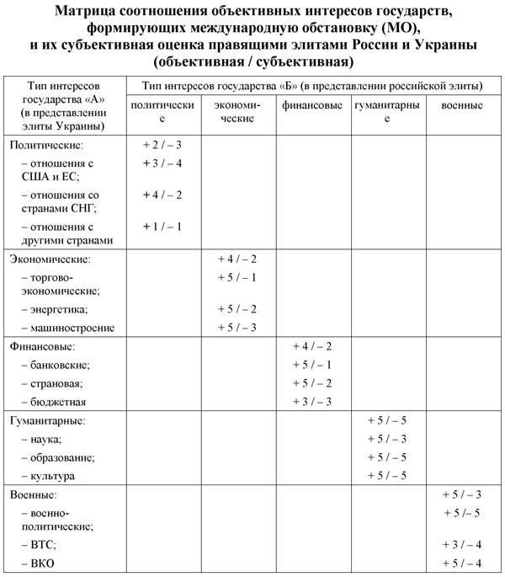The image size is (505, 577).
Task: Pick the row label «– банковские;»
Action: pyautogui.click(x=56, y=365)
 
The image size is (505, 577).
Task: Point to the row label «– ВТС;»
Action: pyautogui.click(x=38, y=544)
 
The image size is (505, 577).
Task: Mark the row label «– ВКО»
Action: pyautogui.click(x=36, y=563)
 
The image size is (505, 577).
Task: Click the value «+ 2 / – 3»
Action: pyautogui.click(x=164, y=145)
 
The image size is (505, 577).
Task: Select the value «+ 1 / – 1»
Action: pyautogui.click(x=164, y=227)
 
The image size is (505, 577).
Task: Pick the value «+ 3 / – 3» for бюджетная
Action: pyautogui.click(x=312, y=402)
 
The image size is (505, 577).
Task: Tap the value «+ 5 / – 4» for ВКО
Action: pyautogui.click(x=460, y=563)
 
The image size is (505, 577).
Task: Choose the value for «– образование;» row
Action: pyautogui.click(x=387, y=457)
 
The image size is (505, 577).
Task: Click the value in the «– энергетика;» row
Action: pyautogui.click(x=237, y=309)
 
